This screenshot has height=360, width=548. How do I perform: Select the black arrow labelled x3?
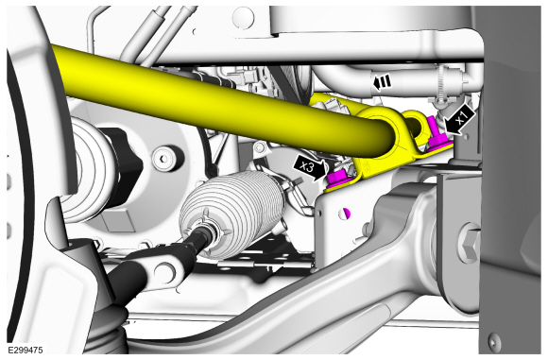(309, 168)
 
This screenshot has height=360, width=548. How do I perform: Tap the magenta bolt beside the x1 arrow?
(437, 137)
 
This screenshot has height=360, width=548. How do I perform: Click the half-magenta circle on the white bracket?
(347, 214)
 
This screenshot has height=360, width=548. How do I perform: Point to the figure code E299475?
(26, 350)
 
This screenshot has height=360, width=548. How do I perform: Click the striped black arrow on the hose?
(382, 83)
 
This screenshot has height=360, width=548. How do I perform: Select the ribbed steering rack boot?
(231, 215)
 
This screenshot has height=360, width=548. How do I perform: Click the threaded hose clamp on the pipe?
(441, 84)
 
